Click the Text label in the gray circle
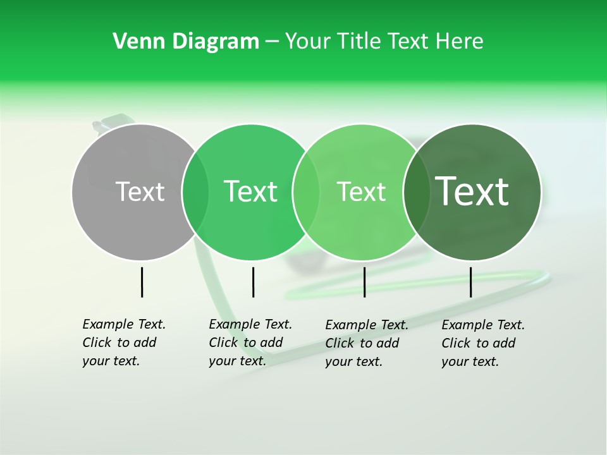coord(140,191)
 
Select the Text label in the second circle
coord(250,191)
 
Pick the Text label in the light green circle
coord(361,191)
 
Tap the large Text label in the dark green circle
coord(472,191)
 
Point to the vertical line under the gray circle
coord(142,282)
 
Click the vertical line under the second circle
coord(253,282)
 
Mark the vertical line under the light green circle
coord(364,282)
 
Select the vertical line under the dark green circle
coord(470,282)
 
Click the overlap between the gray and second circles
coord(195,192)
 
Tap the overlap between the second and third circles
coord(306,192)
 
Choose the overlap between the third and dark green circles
coord(415,192)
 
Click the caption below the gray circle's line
coord(123,343)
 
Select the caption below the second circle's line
coord(250,343)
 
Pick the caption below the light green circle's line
coord(366,343)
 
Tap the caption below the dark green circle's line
coord(482,343)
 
